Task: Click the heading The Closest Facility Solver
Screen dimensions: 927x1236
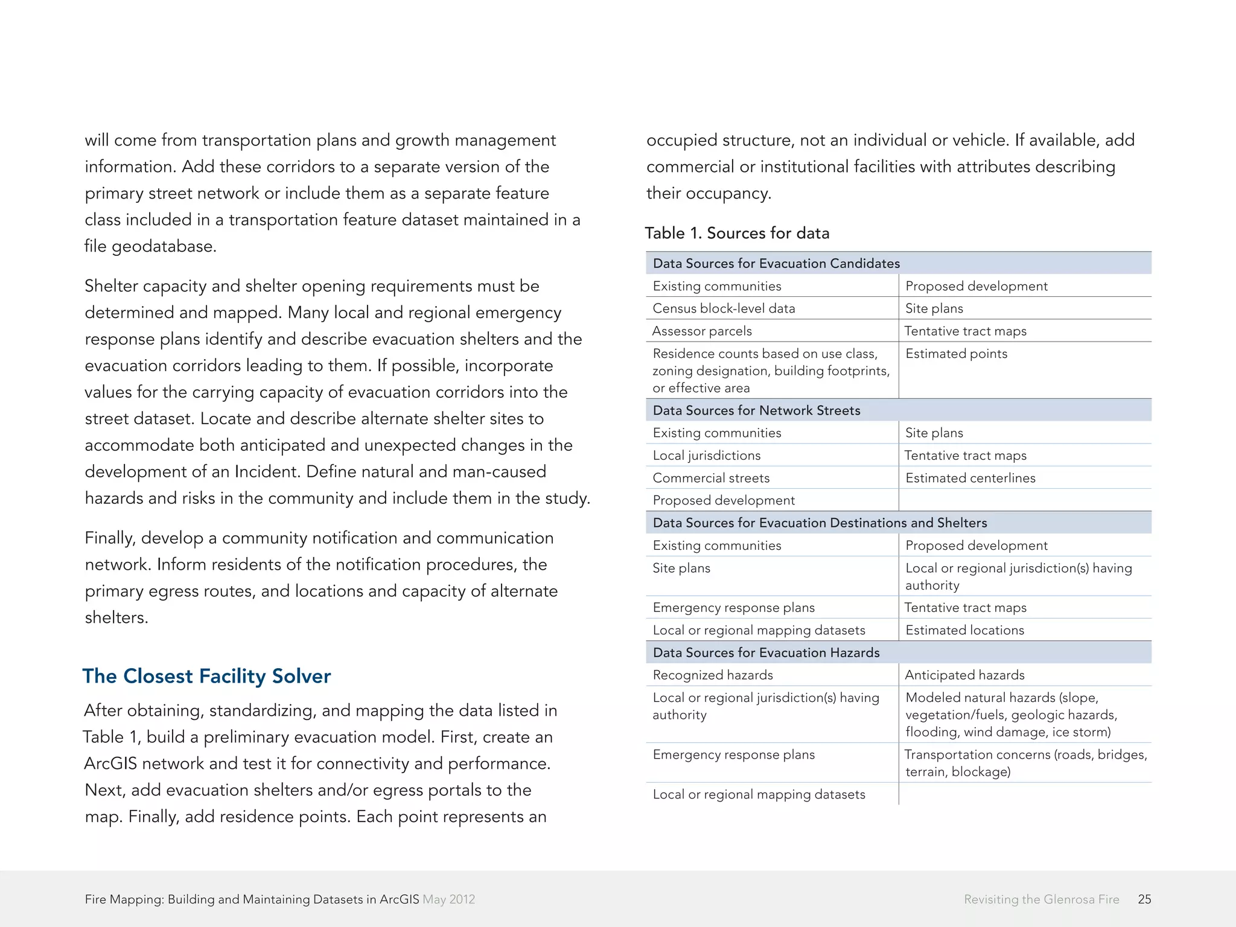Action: (x=206, y=676)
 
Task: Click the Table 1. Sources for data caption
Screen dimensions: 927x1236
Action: (x=737, y=233)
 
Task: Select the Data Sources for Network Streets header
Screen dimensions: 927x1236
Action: (x=756, y=410)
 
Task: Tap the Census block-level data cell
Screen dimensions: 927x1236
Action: (x=724, y=308)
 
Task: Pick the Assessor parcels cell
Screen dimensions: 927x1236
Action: (x=702, y=331)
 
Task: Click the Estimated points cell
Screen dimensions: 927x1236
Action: (x=956, y=354)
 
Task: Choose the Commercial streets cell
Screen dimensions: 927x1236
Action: (x=711, y=478)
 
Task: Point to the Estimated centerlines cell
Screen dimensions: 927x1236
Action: (x=970, y=478)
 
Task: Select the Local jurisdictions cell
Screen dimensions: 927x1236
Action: (x=706, y=456)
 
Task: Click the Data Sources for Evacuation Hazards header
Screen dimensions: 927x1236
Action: (x=766, y=652)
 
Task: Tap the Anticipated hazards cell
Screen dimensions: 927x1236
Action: (x=964, y=675)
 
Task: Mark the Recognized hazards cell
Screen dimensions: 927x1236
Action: (x=712, y=675)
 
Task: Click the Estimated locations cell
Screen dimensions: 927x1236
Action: (x=964, y=630)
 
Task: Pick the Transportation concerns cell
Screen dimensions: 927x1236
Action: (x=1025, y=762)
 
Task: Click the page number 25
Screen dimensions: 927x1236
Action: (x=1144, y=899)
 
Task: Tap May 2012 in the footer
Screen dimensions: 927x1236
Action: (x=448, y=899)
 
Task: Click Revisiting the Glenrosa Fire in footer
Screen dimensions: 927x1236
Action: (x=1041, y=899)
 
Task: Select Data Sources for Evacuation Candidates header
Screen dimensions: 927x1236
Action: (x=776, y=263)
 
